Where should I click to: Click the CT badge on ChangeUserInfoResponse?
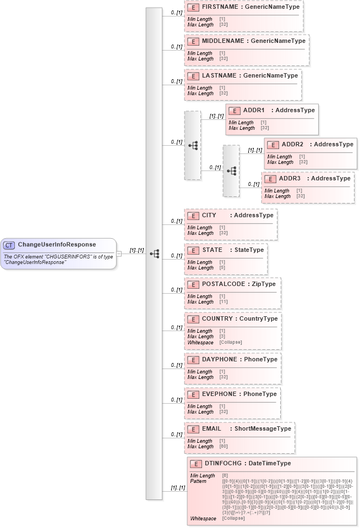click(x=9, y=245)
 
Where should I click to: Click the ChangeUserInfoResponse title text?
click(x=57, y=245)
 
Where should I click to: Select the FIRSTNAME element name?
click(x=219, y=7)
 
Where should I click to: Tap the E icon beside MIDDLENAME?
click(x=193, y=41)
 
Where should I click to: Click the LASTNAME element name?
click(x=219, y=75)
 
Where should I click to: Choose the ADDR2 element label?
click(x=292, y=145)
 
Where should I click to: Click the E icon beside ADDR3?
click(x=270, y=179)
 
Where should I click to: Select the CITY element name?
click(x=209, y=215)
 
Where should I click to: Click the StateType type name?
click(x=249, y=250)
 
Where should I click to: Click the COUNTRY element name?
click(x=217, y=318)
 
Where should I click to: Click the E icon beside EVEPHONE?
click(x=193, y=394)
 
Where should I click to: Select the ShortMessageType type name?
click(x=263, y=428)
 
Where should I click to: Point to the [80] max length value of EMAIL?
click(x=223, y=447)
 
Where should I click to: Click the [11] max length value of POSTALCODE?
click(x=223, y=302)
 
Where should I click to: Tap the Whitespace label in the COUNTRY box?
click(x=200, y=342)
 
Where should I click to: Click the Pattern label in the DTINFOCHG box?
click(x=198, y=481)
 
